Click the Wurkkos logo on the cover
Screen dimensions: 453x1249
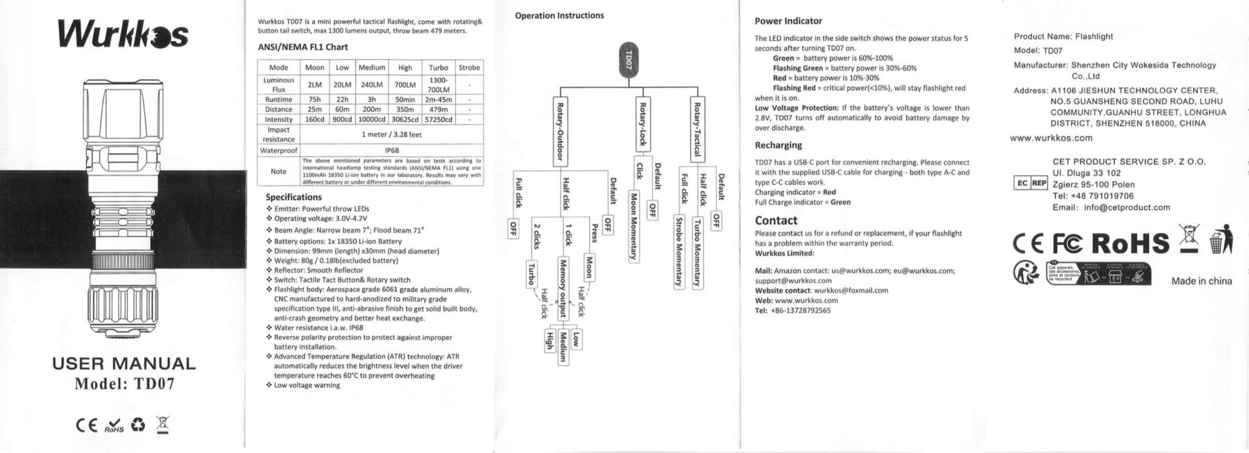click(123, 35)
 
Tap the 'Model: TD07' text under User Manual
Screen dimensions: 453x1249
click(124, 384)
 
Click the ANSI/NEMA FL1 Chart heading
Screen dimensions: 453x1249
click(303, 47)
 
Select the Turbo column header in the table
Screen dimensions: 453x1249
click(438, 67)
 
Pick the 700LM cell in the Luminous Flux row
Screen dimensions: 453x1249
click(405, 85)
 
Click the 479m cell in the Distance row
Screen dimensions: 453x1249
click(438, 109)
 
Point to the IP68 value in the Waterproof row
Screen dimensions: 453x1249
click(391, 150)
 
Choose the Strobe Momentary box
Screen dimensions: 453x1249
click(679, 251)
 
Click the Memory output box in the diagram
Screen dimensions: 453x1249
click(563, 287)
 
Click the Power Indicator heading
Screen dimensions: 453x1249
click(788, 22)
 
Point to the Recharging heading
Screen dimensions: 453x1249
click(778, 145)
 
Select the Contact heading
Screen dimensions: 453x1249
click(776, 221)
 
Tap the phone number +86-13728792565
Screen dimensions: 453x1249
click(800, 310)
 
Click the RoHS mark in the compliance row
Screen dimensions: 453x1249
click(1130, 243)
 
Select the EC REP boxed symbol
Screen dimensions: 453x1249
click(1030, 183)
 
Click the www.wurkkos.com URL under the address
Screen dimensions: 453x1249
click(1051, 138)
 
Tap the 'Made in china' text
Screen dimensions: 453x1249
click(1201, 281)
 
